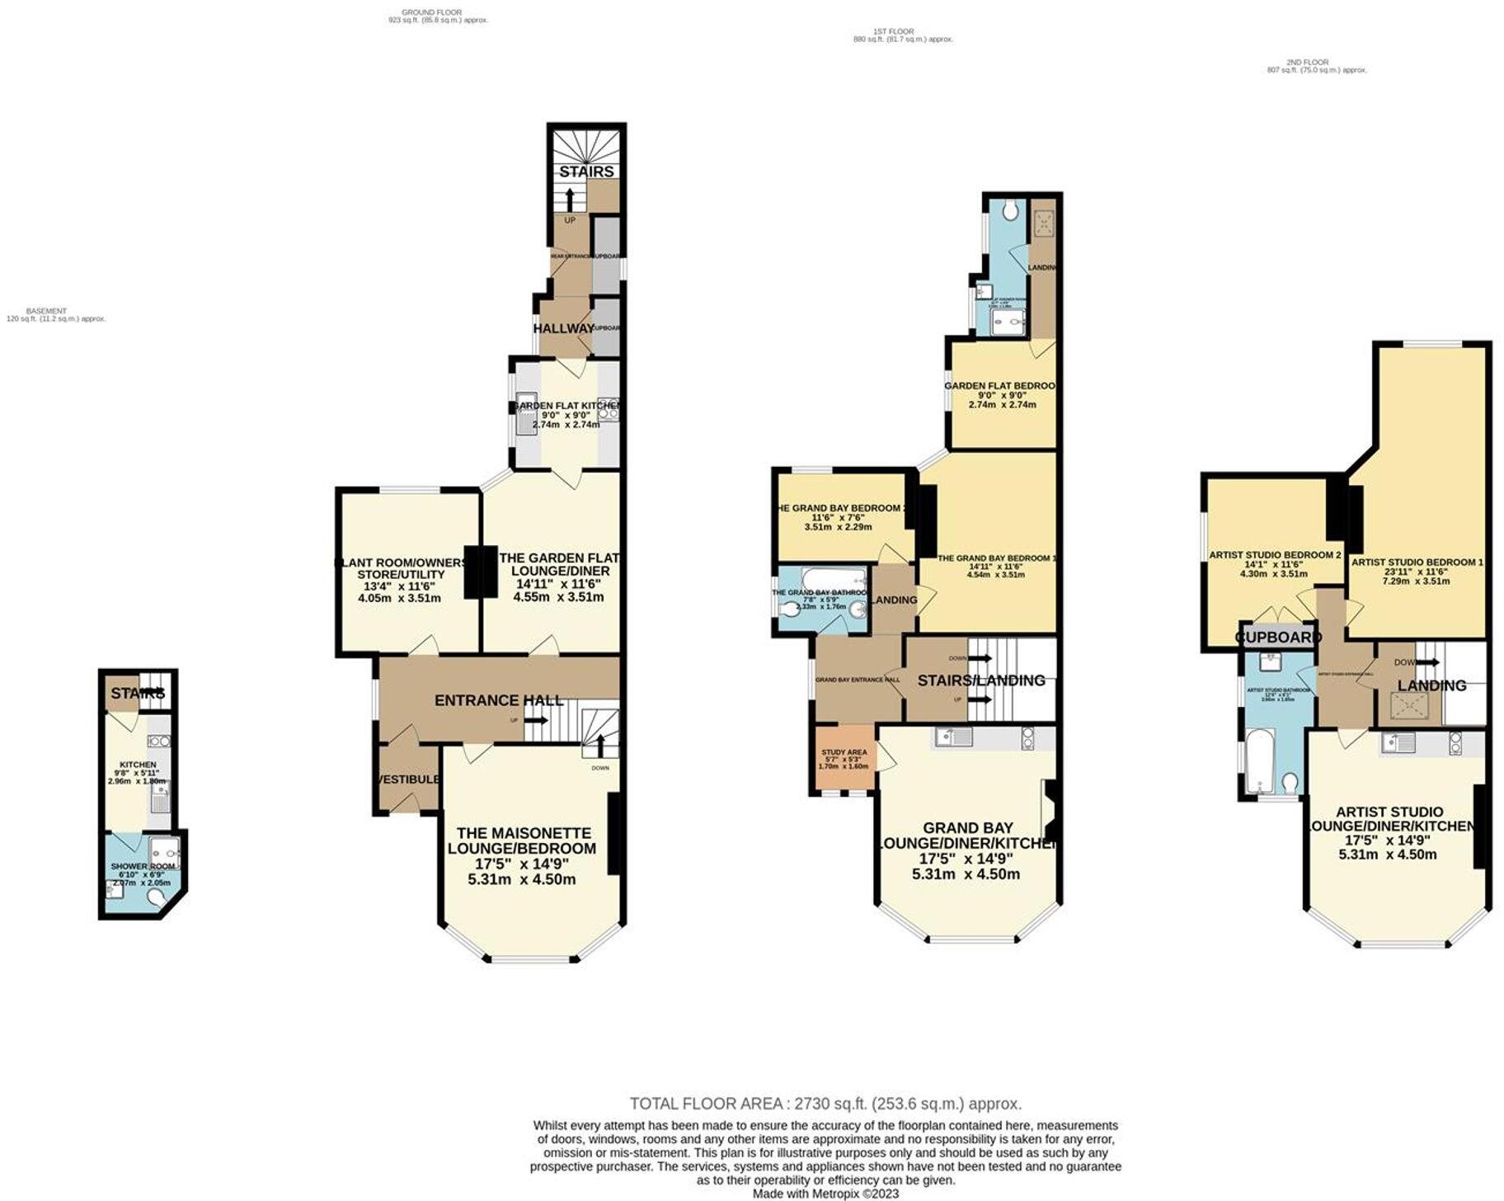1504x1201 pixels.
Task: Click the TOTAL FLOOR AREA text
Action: coord(825,1103)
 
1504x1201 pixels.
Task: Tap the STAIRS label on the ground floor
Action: coord(586,172)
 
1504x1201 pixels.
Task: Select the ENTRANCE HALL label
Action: coord(499,700)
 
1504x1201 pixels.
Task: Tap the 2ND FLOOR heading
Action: coord(1307,62)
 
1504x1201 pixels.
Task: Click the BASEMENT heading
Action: coord(46,311)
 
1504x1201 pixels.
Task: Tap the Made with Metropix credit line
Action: coord(825,1193)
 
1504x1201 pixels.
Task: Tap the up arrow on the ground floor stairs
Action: coord(569,200)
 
